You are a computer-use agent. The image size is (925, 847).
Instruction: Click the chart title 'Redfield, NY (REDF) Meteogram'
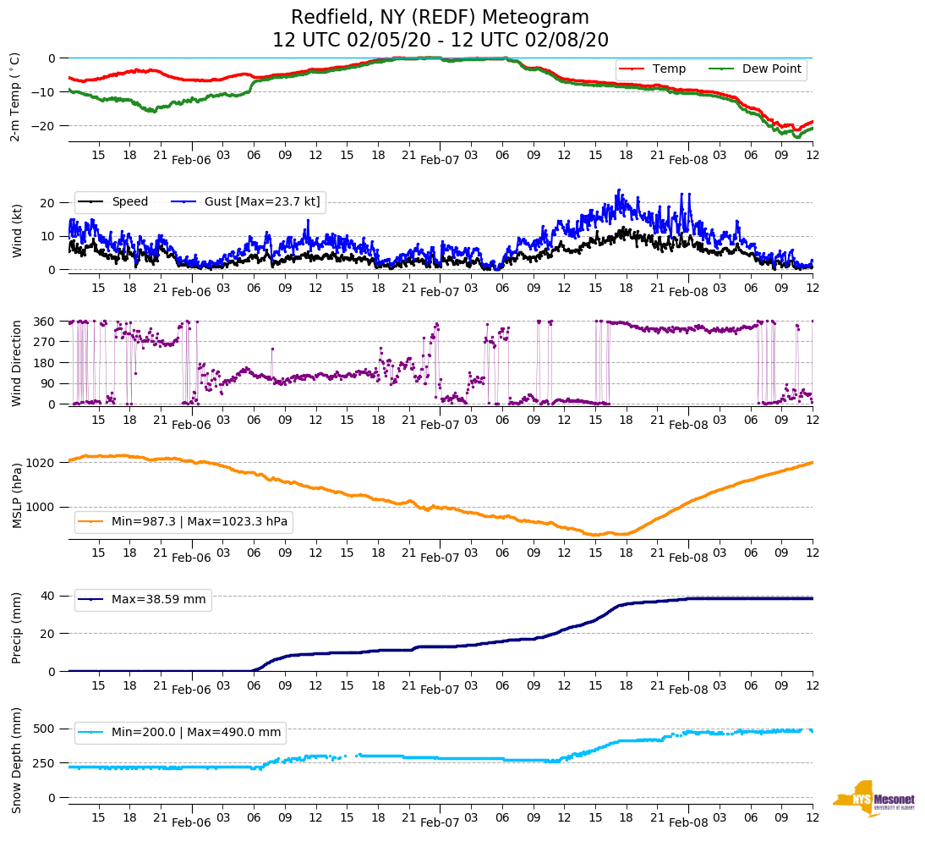[x=440, y=18]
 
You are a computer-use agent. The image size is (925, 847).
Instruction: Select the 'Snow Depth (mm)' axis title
[x=15, y=759]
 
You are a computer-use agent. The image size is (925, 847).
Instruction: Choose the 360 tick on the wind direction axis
[x=46, y=322]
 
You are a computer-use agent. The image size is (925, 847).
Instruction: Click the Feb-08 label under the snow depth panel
[x=688, y=822]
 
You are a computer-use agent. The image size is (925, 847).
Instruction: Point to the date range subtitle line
[x=440, y=41]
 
